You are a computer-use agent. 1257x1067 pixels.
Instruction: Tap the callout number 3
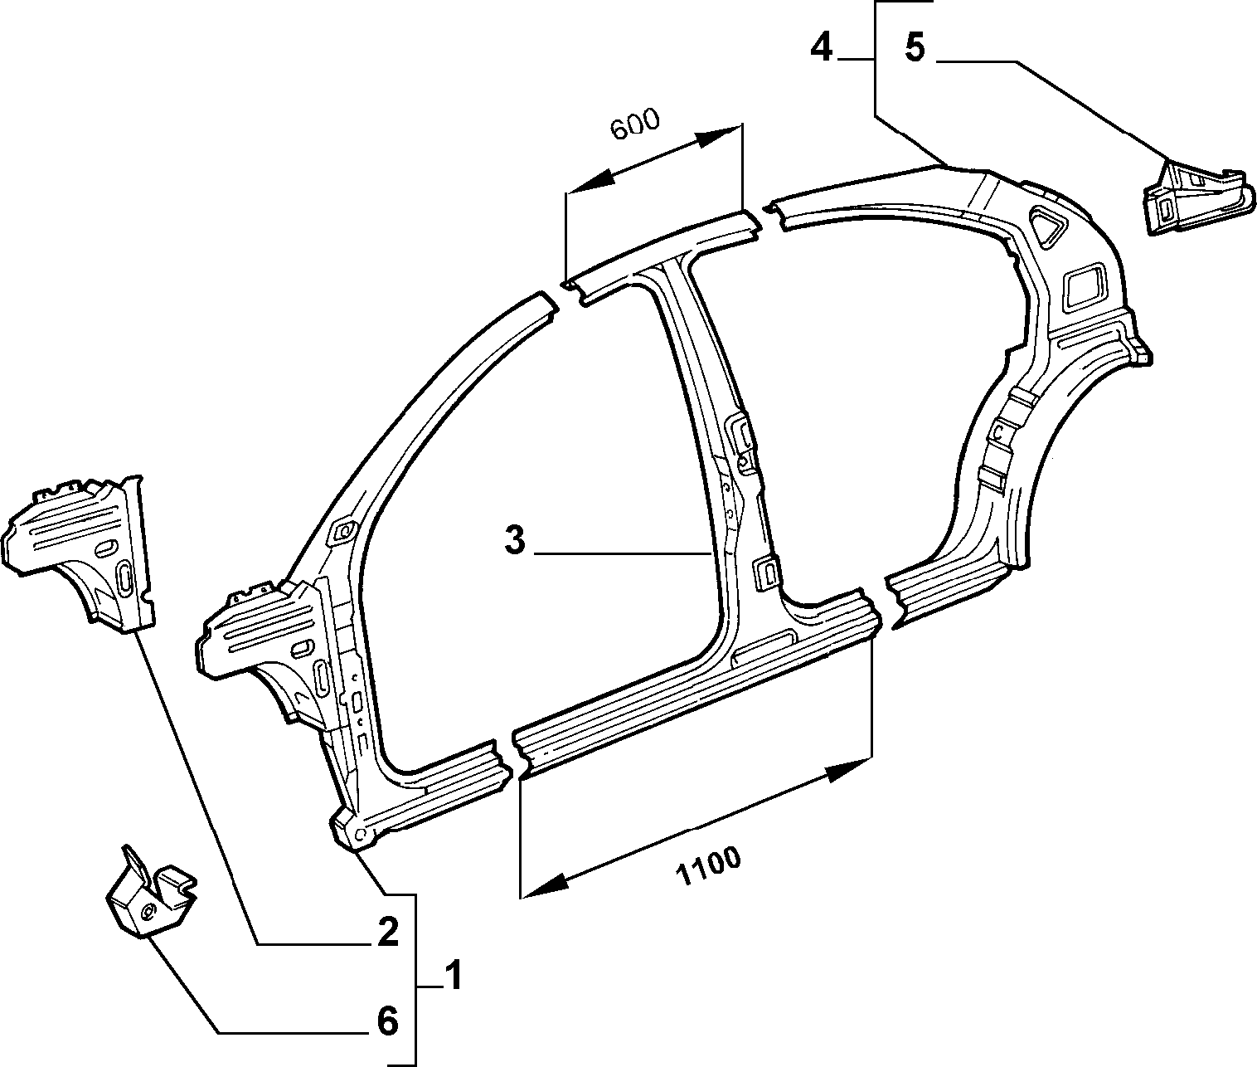514,540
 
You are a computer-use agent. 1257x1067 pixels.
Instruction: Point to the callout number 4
821,46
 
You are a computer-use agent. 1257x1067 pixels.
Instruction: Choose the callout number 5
915,46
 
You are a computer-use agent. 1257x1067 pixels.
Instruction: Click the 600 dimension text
634,124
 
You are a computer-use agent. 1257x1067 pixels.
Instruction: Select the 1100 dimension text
708,867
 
